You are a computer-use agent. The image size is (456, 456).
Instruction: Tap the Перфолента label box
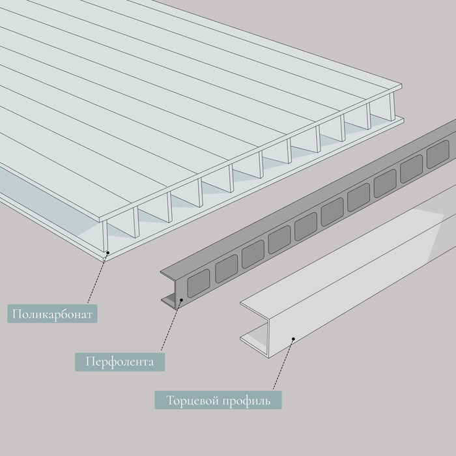[x=119, y=361]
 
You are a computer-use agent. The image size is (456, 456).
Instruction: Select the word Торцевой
[x=190, y=399]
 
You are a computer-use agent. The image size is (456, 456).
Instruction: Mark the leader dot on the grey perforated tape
[x=178, y=300]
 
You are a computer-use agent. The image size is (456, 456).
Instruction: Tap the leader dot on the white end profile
[x=294, y=339]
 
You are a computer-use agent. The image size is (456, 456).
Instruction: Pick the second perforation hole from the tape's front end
[x=226, y=268]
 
